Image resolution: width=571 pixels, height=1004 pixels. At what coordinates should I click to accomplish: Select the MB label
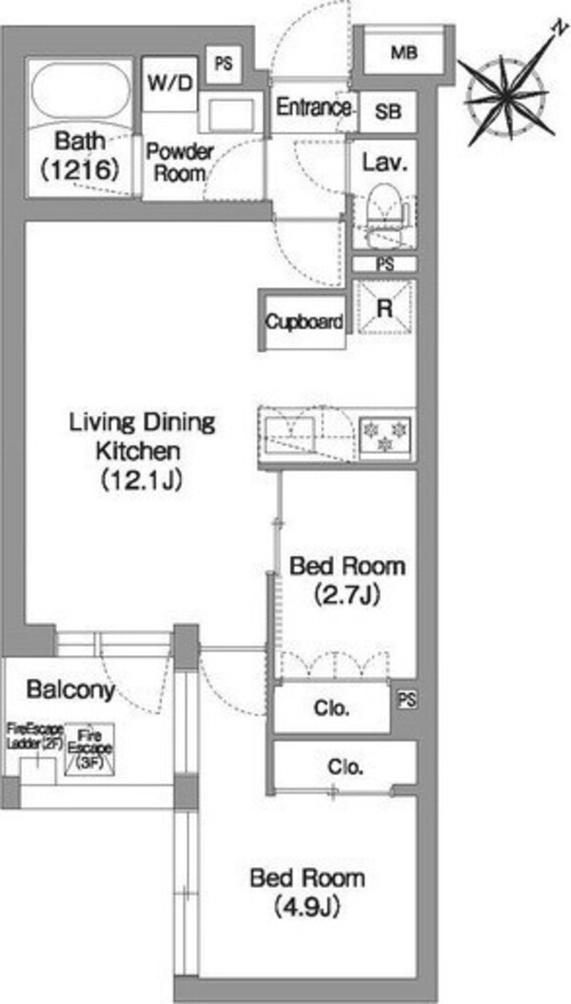pos(404,52)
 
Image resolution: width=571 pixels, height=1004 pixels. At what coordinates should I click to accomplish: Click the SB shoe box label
pos(388,112)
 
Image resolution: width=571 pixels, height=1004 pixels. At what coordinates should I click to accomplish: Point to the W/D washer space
pos(169,84)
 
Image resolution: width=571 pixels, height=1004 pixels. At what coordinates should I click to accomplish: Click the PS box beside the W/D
pos(224,65)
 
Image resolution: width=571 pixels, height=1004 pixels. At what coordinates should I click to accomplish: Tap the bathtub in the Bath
pos(80,91)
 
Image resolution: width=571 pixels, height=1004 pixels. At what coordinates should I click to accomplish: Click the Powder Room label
pos(180,163)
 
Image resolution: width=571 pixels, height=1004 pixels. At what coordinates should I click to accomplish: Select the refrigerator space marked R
pos(384,307)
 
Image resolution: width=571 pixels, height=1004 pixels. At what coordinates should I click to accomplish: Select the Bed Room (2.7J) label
pos(347,580)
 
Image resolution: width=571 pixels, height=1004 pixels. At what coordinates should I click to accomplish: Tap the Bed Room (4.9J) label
pos(307,891)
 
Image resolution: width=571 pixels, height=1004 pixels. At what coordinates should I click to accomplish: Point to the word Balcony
pos(70,689)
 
